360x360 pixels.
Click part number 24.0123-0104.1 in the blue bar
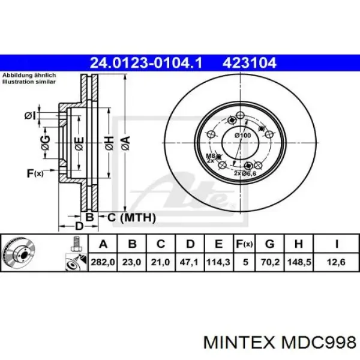(146, 63)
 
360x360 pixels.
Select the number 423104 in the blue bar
(250, 63)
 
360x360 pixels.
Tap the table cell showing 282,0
(103, 262)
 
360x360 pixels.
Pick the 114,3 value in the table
(218, 262)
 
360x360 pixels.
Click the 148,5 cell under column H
(299, 262)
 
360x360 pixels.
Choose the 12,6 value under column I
(337, 262)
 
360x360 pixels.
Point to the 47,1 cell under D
(189, 262)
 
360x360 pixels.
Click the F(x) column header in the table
(245, 244)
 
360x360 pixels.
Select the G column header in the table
(270, 244)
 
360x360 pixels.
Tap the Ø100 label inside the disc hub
(242, 136)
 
